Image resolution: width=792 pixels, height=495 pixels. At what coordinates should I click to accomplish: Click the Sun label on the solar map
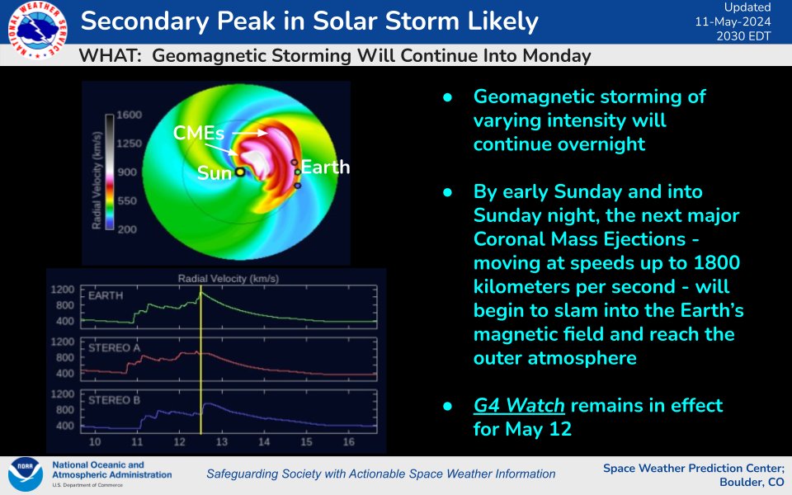point(213,173)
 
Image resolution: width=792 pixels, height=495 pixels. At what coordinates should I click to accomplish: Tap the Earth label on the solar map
point(325,167)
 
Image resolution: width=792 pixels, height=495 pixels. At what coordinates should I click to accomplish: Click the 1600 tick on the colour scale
point(130,115)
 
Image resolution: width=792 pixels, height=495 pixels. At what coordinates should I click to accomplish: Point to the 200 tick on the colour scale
point(127,229)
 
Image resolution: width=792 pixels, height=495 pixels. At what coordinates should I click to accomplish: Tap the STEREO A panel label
point(114,347)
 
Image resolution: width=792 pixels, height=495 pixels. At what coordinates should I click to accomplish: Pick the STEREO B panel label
point(114,400)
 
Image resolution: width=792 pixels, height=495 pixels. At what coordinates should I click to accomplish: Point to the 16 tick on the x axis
point(348,444)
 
